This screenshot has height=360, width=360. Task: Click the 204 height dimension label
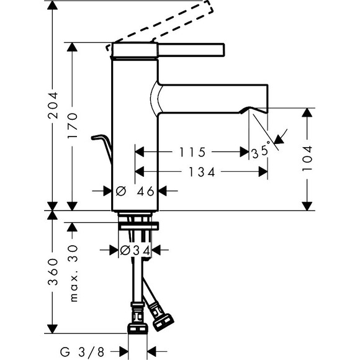click(x=53, y=106)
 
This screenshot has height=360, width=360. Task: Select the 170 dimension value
click(x=73, y=125)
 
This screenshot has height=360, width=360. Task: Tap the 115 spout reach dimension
click(x=192, y=152)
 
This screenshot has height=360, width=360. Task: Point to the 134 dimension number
click(x=202, y=172)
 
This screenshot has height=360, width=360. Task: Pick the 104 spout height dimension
click(x=307, y=158)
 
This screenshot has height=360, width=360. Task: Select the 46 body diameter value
click(x=145, y=191)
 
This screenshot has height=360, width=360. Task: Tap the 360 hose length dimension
click(x=53, y=272)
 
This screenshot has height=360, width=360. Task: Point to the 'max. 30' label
click(x=73, y=273)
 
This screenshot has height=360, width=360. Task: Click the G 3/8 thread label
click(x=82, y=351)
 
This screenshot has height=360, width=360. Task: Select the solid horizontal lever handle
click(x=191, y=50)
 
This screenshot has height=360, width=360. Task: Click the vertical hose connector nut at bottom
click(x=138, y=328)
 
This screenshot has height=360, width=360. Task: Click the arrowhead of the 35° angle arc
click(x=279, y=139)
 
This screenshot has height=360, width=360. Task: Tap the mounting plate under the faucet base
click(x=138, y=226)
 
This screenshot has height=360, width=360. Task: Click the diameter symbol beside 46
click(x=121, y=191)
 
